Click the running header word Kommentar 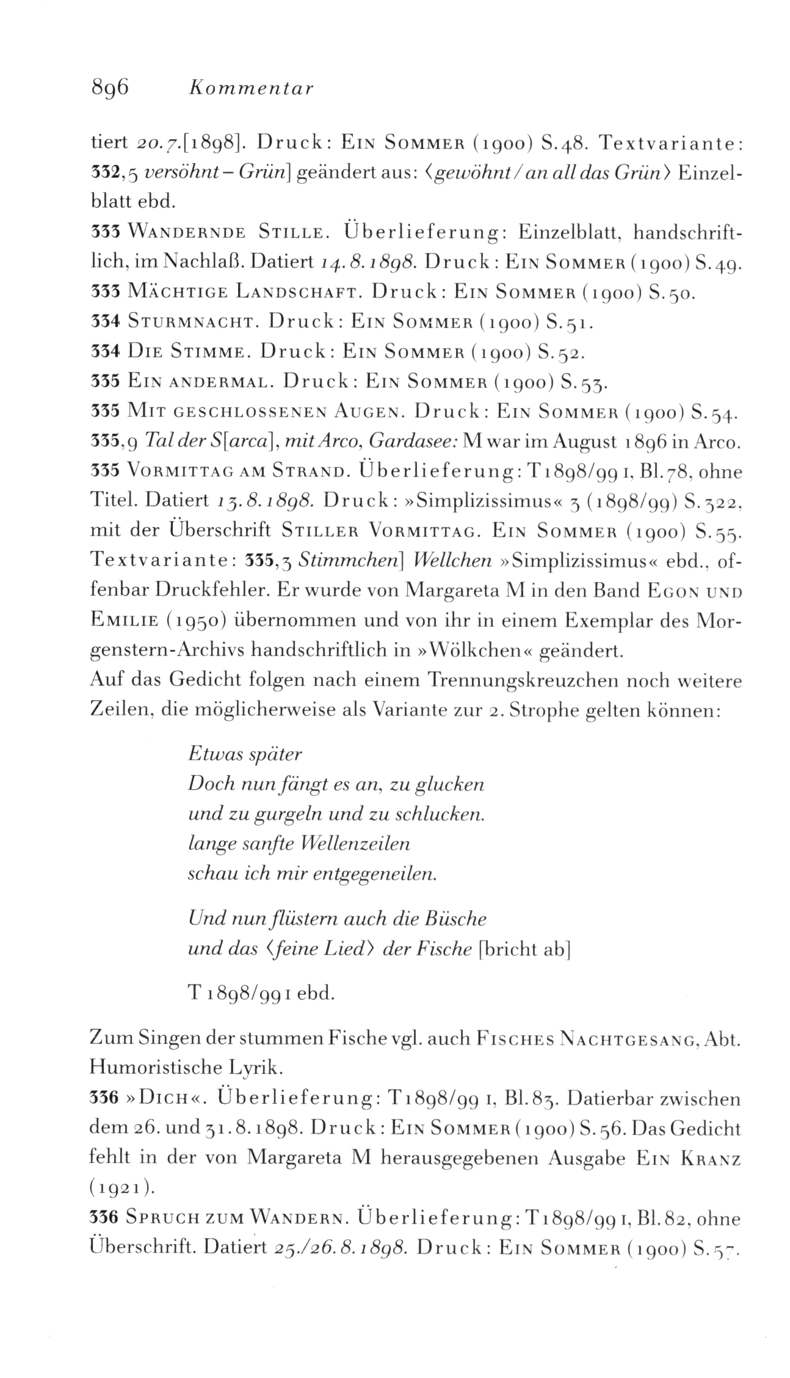[252, 89]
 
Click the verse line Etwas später [246, 755]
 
